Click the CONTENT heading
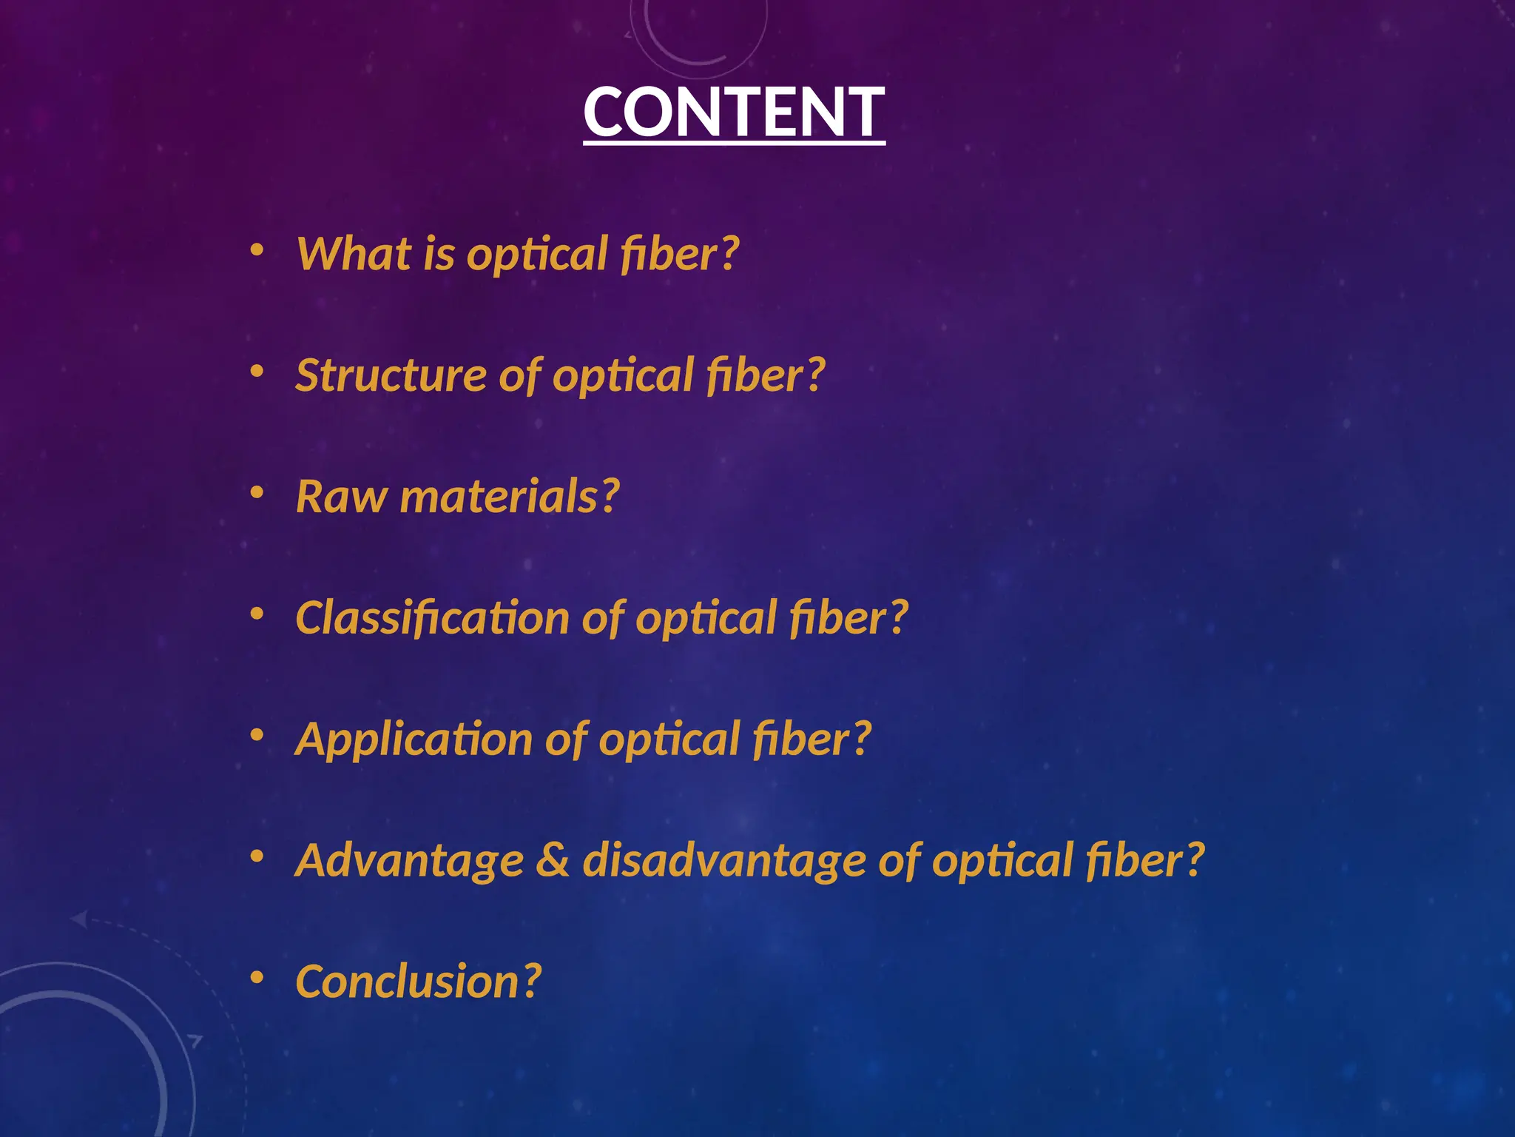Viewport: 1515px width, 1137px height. coord(734,113)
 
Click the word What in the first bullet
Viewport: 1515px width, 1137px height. coord(353,254)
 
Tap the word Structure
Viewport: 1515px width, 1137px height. coord(391,375)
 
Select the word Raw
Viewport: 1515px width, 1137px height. coord(341,497)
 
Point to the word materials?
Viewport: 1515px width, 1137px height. coord(510,497)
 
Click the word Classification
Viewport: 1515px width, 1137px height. coord(432,618)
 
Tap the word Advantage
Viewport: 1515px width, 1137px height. coord(410,861)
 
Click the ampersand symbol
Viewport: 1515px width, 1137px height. coord(553,861)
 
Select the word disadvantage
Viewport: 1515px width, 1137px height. coord(723,861)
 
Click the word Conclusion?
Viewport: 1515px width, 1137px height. coord(419,982)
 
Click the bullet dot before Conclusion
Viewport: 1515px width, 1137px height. coord(257,978)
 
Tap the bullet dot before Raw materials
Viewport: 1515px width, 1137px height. coord(257,492)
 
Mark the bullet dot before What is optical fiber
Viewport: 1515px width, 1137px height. coord(257,249)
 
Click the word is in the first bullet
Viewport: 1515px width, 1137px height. coord(439,254)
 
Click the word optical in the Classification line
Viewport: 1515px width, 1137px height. coord(705,618)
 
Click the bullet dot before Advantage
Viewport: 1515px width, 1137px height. coord(257,856)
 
